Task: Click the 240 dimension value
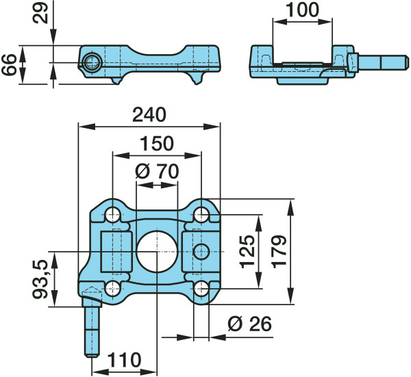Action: click(149, 115)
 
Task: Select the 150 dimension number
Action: click(157, 144)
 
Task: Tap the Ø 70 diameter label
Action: click(157, 172)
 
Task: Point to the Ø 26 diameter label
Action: click(249, 324)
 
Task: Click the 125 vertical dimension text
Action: click(247, 252)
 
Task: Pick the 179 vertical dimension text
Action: click(279, 252)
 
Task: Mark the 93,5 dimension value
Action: click(40, 279)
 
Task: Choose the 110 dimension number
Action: click(125, 360)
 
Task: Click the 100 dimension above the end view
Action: click(302, 10)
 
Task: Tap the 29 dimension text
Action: click(40, 13)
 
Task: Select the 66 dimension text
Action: click(9, 65)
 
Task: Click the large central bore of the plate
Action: click(157, 252)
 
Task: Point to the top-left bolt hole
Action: click(113, 214)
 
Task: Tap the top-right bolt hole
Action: click(201, 214)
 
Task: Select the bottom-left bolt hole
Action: click(113, 289)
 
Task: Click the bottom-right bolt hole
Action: click(201, 289)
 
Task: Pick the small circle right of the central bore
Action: click(201, 251)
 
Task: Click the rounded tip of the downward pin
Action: click(92, 355)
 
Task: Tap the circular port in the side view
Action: click(90, 62)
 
